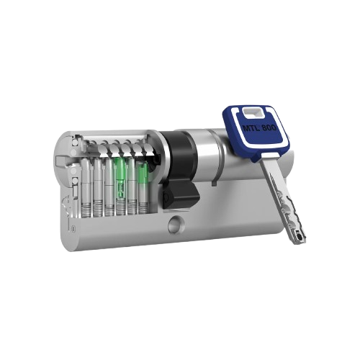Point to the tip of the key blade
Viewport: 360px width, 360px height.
[300, 238]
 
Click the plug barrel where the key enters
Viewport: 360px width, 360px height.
[216, 155]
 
